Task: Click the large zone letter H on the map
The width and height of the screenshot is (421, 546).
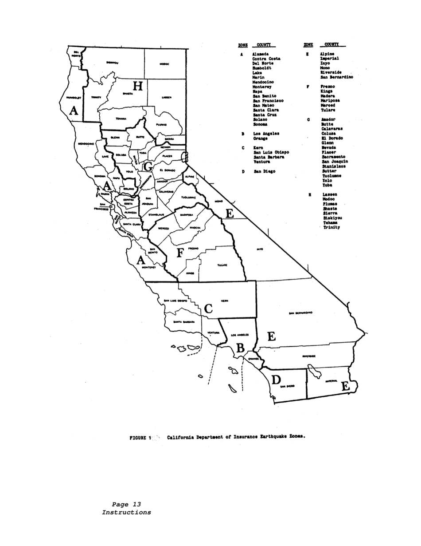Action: [138, 86]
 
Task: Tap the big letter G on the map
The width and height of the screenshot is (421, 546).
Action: [148, 167]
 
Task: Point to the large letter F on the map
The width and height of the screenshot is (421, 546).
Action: [180, 253]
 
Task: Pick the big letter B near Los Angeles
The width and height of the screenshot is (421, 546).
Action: [240, 348]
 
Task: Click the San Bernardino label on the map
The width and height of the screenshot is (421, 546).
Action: [300, 313]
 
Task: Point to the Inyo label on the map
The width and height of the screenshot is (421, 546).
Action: [260, 249]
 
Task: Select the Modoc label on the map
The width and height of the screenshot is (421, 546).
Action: [164, 64]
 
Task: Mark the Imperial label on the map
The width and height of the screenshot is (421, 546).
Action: [331, 381]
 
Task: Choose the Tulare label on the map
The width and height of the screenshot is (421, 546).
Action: [222, 265]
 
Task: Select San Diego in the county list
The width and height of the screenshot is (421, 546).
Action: [264, 171]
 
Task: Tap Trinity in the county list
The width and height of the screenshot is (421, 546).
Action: [331, 227]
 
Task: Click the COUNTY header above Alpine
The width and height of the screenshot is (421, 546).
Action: [331, 44]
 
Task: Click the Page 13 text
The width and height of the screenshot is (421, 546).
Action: [126, 504]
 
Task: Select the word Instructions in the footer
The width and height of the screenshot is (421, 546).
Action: [126, 512]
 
